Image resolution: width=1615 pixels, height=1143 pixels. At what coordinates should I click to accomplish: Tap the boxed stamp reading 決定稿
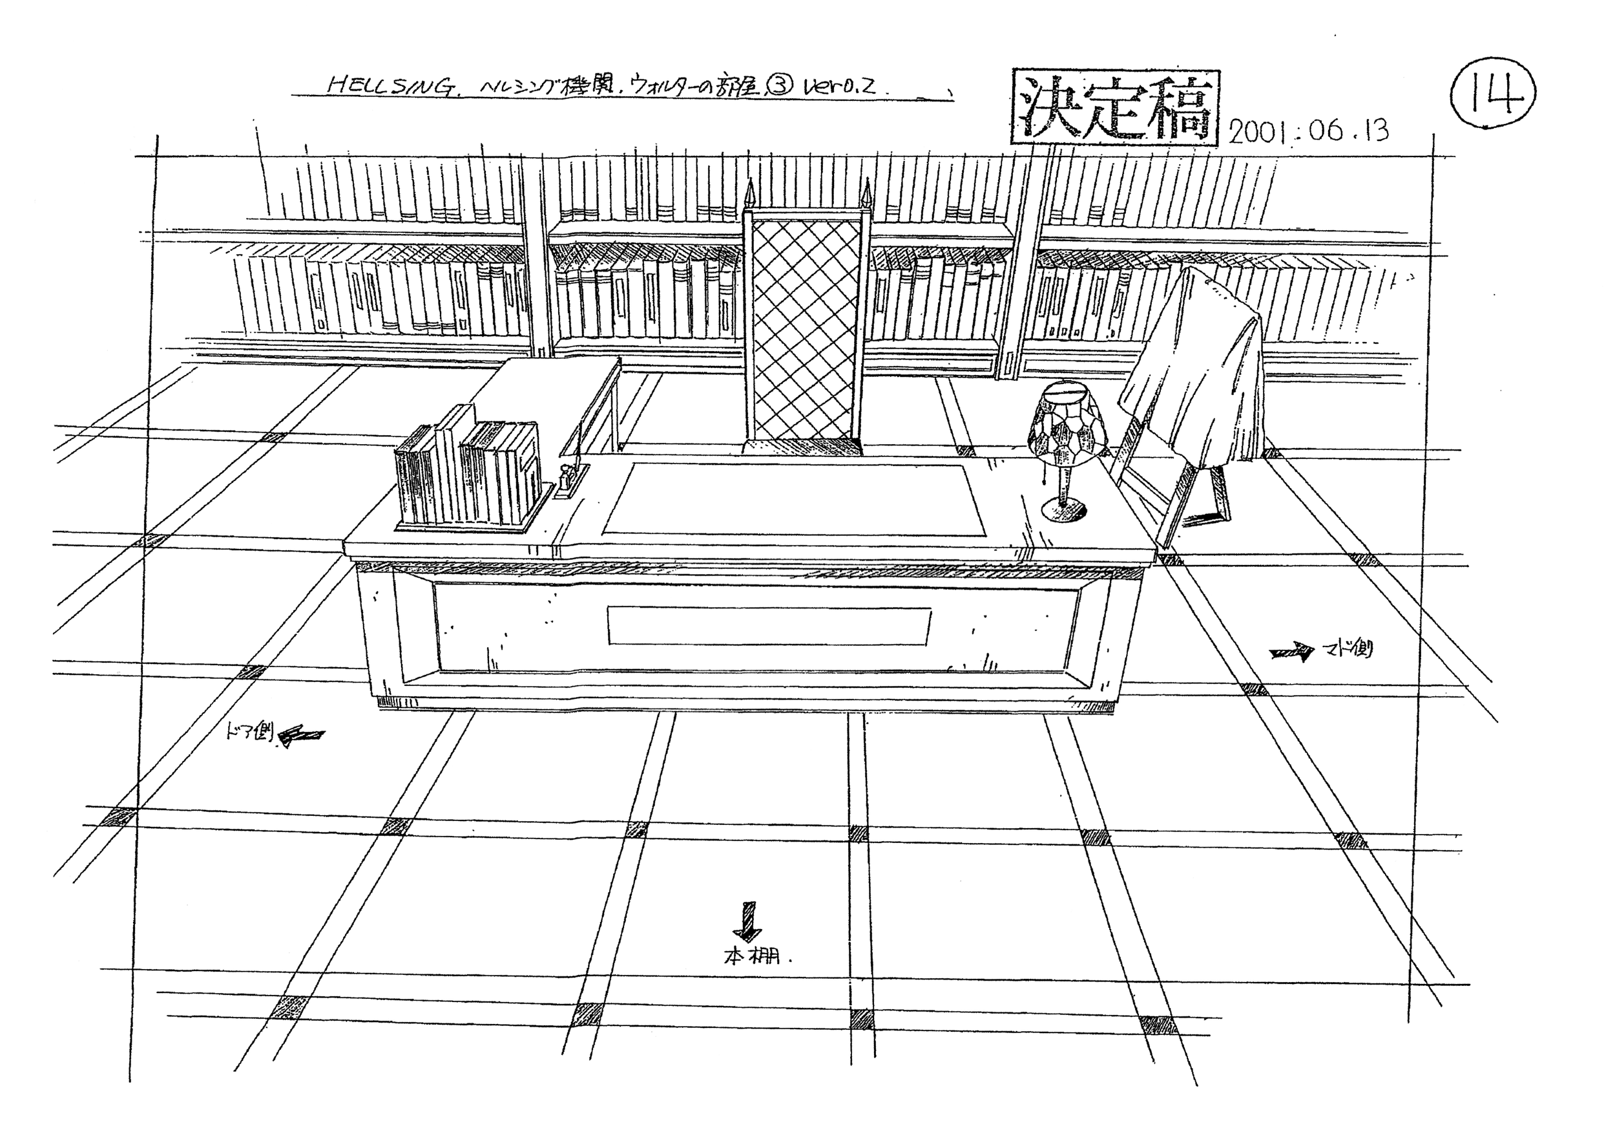[1114, 109]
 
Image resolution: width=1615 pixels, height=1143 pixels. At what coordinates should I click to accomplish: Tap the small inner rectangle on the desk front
[769, 626]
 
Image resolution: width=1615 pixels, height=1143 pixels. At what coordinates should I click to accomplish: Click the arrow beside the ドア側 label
[302, 736]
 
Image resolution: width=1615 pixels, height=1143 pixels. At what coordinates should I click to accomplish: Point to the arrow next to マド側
[1291, 653]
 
